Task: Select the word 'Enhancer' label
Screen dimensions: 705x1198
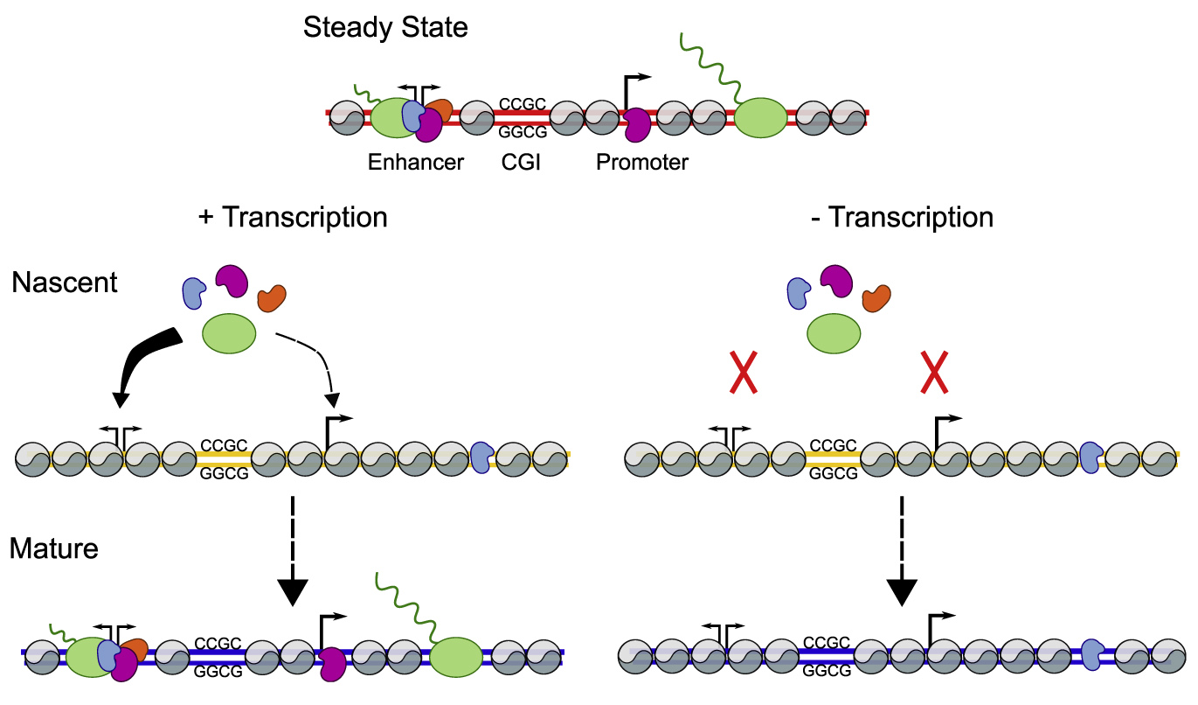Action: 415,162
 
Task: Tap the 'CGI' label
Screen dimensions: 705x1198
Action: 522,162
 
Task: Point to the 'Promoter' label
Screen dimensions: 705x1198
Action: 642,162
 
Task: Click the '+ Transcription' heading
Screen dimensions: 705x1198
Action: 293,217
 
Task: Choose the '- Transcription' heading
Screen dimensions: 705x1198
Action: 901,217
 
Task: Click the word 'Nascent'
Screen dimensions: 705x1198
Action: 65,283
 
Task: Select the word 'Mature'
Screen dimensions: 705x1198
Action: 53,549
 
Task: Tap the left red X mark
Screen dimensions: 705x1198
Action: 743,374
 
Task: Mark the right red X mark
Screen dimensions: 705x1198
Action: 934,374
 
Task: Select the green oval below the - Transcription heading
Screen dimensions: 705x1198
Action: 834,333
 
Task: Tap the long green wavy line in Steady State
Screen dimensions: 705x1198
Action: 709,66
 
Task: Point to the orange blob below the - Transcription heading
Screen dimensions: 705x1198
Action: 876,298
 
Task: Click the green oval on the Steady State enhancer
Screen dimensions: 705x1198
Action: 389,117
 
